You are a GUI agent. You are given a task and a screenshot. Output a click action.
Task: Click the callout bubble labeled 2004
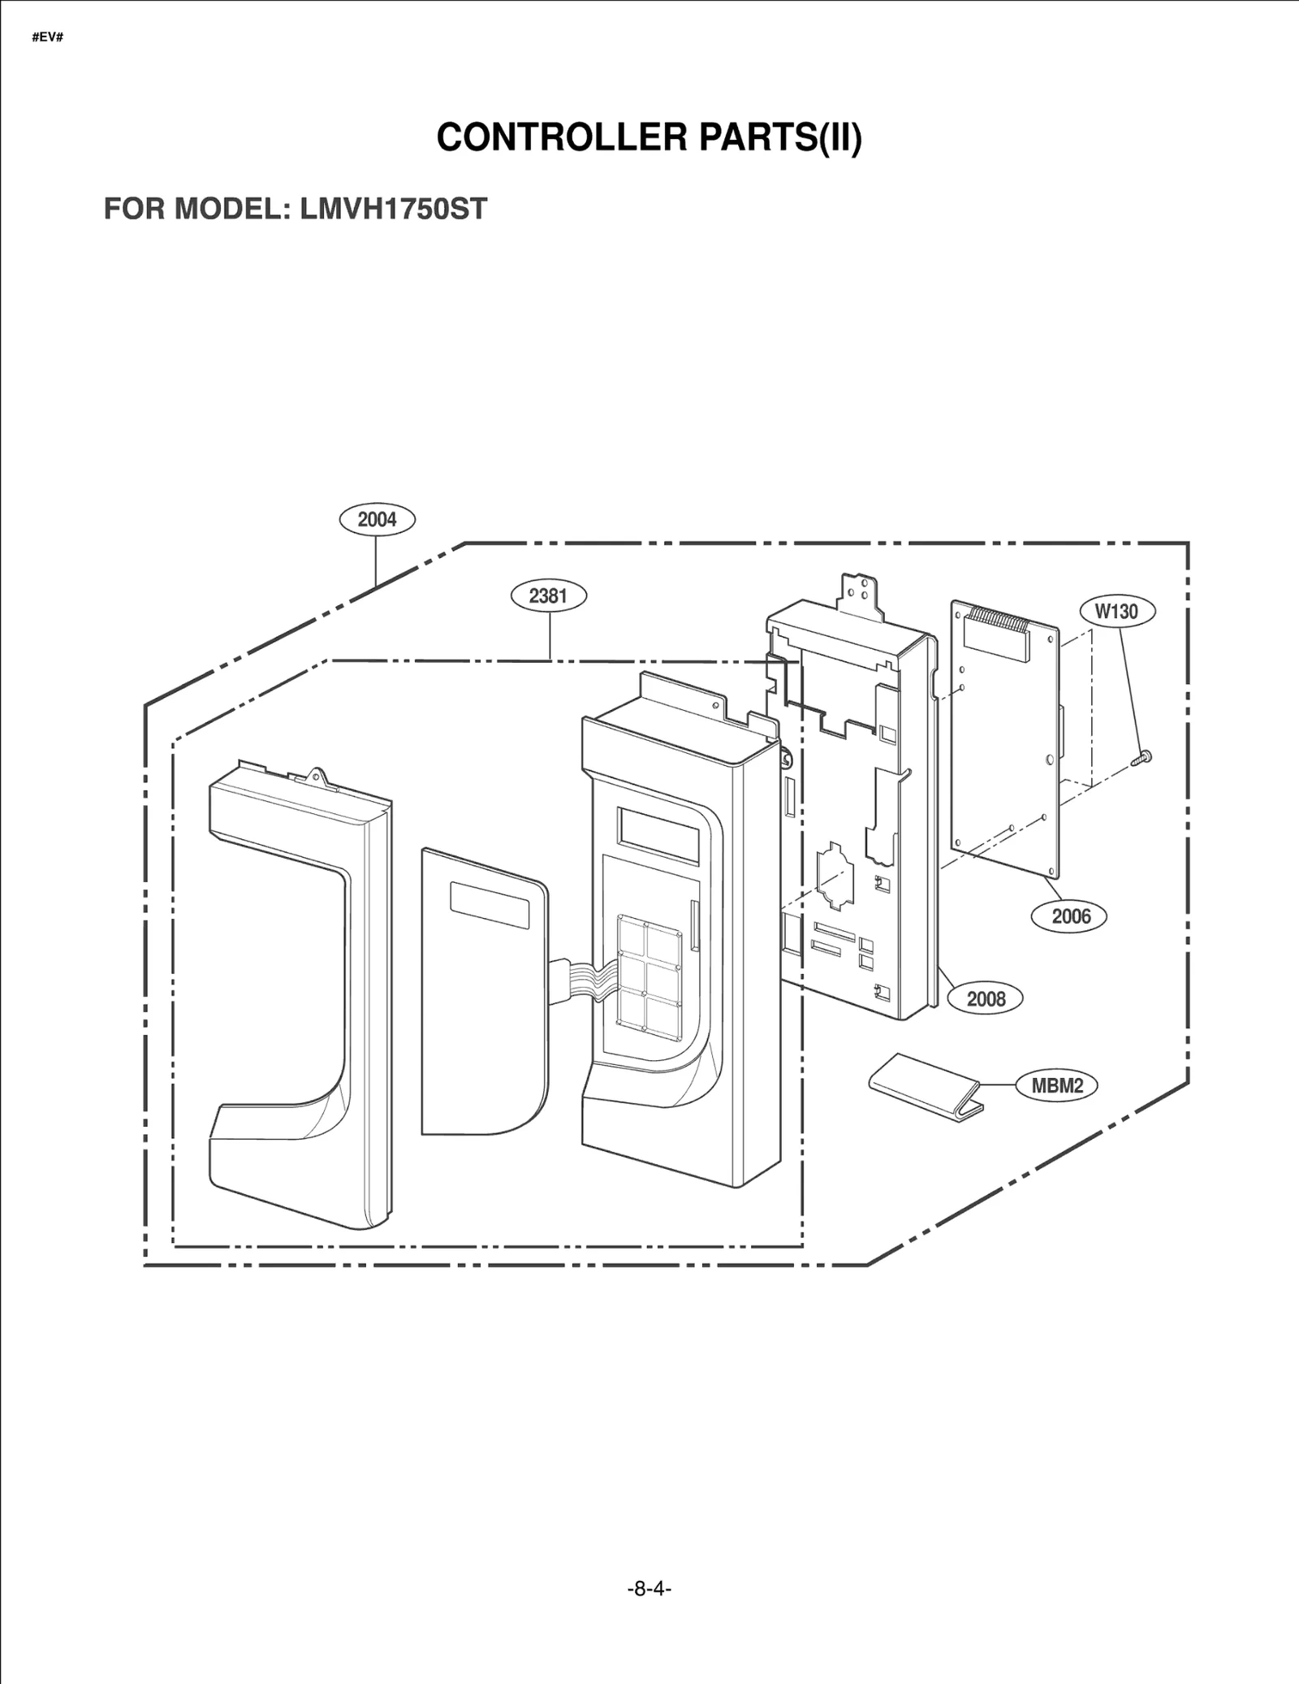tap(377, 520)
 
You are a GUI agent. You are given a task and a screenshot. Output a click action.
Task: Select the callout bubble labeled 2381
tap(548, 595)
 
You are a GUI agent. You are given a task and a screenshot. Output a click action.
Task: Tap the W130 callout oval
tap(1117, 611)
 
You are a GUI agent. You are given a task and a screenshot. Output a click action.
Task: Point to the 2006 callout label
tap(1070, 916)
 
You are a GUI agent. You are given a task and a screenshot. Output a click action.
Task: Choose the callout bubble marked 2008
tap(986, 998)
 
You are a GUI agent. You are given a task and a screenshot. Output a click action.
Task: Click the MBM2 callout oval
tap(1057, 1085)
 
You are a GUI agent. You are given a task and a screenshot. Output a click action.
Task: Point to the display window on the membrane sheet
tap(490, 904)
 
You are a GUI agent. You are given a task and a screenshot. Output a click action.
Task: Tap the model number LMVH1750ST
tap(393, 209)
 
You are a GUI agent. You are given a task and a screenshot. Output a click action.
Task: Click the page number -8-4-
tap(649, 1588)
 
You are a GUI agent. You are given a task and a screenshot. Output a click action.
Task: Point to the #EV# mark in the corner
tap(47, 38)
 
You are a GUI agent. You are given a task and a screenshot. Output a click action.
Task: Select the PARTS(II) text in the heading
tap(779, 137)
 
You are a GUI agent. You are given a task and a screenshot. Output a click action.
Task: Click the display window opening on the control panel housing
tap(658, 834)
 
